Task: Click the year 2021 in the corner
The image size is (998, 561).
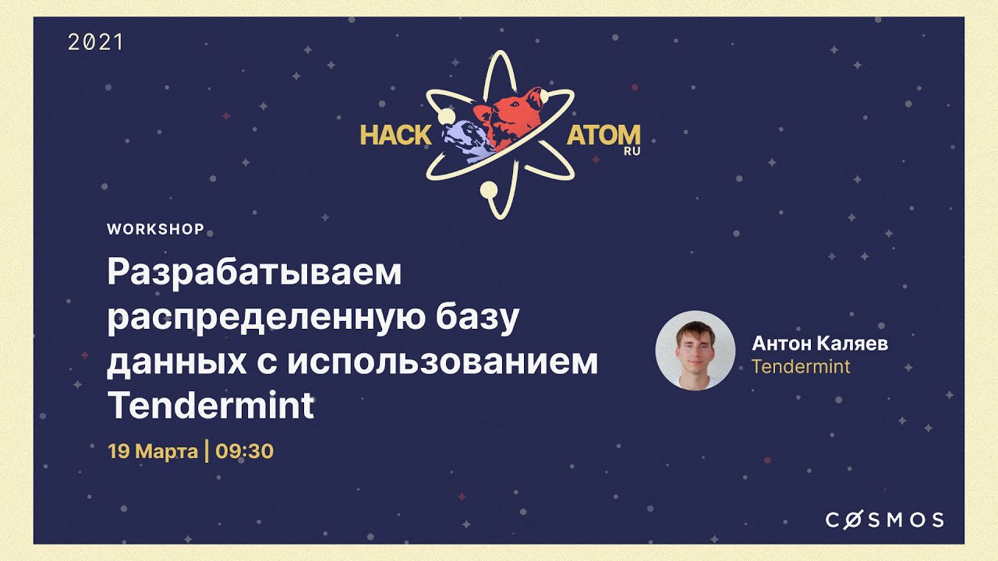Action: [95, 43]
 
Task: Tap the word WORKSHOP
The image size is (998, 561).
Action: [155, 229]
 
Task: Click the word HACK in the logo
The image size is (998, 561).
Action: [395, 135]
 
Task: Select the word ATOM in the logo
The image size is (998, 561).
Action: [603, 135]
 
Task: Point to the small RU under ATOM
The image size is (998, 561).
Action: [632, 151]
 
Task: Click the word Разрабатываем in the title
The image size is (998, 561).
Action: [254, 273]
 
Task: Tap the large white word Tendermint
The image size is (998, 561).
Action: [211, 405]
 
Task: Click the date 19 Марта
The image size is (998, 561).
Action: [153, 451]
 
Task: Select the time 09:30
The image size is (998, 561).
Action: [244, 451]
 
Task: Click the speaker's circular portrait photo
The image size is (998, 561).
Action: [695, 351]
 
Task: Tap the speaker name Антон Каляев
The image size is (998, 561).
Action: [819, 344]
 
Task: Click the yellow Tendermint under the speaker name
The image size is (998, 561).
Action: [801, 366]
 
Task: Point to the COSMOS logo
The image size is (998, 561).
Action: [884, 520]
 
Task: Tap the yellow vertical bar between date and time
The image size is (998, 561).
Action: [207, 450]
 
